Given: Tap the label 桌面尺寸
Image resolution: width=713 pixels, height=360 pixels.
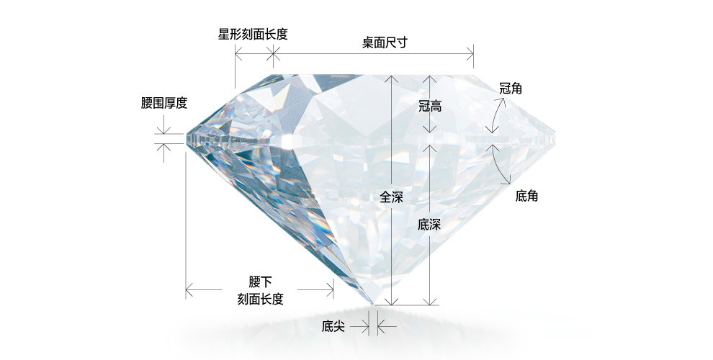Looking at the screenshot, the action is pyautogui.click(x=385, y=42).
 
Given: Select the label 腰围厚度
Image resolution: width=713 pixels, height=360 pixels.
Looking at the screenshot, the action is pyautogui.click(x=164, y=103).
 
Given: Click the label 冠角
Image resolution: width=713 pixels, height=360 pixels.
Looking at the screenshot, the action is pyautogui.click(x=511, y=89).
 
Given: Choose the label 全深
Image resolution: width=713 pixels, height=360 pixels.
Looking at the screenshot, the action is pyautogui.click(x=391, y=197).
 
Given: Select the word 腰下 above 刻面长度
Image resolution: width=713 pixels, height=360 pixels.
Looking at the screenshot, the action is pyautogui.click(x=260, y=281).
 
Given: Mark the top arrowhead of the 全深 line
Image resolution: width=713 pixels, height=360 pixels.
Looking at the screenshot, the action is pyautogui.click(x=391, y=77).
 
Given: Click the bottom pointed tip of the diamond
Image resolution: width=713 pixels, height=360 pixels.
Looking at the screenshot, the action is pyautogui.click(x=372, y=305).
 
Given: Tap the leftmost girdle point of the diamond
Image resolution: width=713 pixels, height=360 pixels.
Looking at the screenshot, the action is pyautogui.click(x=185, y=138).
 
